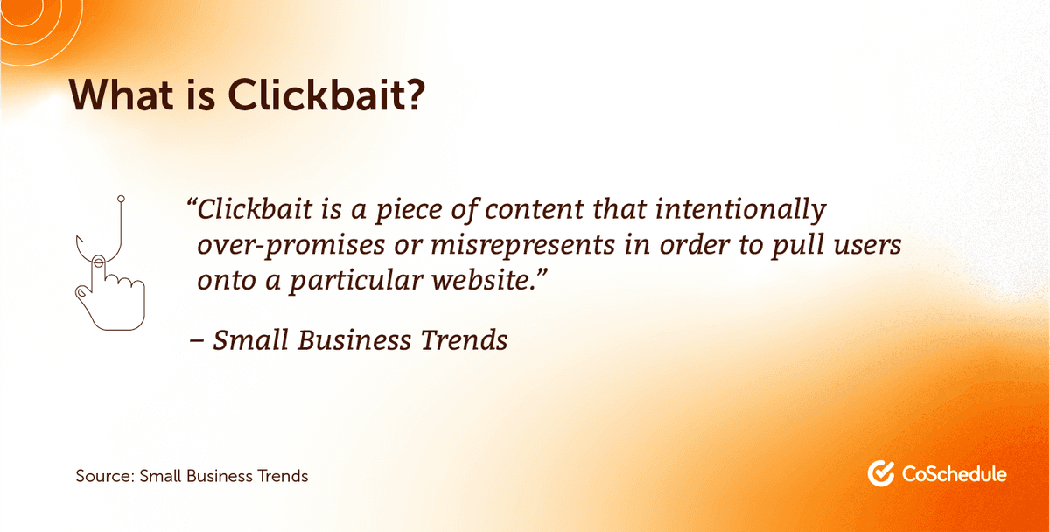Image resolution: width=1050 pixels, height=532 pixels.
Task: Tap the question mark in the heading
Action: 415,94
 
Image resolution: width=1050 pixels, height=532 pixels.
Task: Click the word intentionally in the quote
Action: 740,210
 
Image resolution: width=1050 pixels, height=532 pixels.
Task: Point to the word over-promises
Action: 290,246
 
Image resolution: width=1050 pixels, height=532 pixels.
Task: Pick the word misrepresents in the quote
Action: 522,246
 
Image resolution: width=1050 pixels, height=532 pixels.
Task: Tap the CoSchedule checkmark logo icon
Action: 881,473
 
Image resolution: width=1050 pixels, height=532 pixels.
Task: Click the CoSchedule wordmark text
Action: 955,474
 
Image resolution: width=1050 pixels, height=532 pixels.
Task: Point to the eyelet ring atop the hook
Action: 121,199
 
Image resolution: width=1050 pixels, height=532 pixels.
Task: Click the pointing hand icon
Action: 110,293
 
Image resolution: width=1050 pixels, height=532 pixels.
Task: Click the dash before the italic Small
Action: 196,342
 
